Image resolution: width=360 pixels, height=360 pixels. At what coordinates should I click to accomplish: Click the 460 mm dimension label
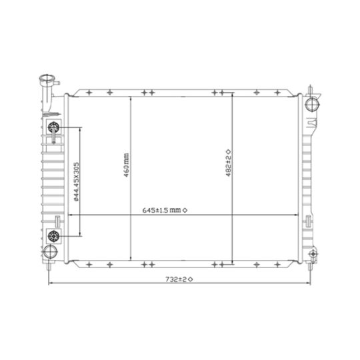(127, 165)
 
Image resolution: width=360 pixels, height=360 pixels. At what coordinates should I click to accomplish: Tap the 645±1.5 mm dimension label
(161, 210)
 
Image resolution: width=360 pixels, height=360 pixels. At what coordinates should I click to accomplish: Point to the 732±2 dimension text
(176, 279)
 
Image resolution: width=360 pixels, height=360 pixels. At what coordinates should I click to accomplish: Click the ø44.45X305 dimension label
(76, 182)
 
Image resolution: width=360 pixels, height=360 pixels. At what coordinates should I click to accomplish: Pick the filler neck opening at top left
(47, 78)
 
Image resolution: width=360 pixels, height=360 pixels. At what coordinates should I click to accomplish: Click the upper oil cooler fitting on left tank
(54, 127)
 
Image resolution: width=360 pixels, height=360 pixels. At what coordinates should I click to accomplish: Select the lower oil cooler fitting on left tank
(54, 236)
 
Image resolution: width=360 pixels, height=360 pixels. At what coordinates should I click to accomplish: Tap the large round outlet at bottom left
(50, 251)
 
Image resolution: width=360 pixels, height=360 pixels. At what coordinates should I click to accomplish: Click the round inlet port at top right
(312, 105)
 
